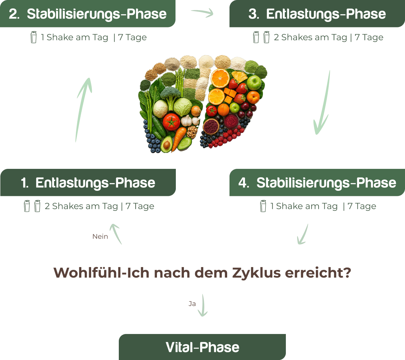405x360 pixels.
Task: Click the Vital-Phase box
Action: pos(202,347)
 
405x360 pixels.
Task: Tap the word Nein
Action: pos(100,236)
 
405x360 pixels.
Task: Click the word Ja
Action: pos(192,304)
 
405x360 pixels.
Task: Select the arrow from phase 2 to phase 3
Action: pos(202,13)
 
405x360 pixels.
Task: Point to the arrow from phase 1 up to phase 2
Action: pos(83,108)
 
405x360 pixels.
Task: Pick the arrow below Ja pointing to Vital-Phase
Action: pos(202,306)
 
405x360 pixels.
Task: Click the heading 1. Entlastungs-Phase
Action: pos(88,183)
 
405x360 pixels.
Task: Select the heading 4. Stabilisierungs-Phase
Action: pos(317,183)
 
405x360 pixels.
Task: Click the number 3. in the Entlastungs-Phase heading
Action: pos(253,14)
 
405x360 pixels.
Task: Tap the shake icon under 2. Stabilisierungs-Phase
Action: pos(33,37)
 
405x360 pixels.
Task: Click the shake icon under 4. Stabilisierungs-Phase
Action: pos(263,206)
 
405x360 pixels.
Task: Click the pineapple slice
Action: pos(239,76)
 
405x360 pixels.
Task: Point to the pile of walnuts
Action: pos(192,131)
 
